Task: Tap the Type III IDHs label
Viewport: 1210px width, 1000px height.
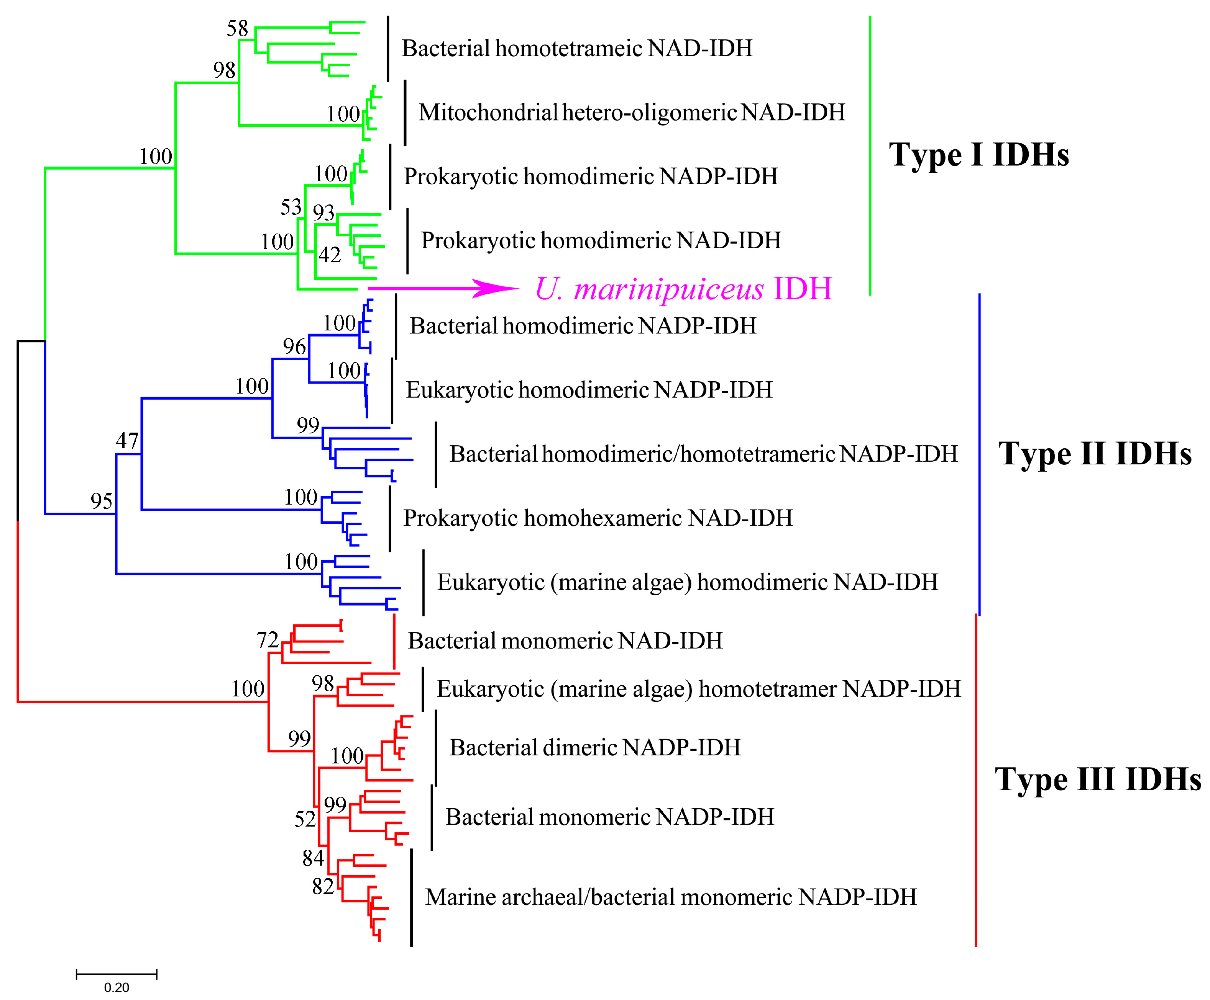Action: [1098, 779]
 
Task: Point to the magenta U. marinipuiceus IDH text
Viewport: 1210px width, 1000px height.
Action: [683, 288]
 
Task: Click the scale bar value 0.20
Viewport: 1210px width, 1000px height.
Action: [117, 987]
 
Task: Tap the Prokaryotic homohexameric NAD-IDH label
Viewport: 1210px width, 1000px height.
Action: [598, 518]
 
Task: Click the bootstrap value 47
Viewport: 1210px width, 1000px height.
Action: [127, 440]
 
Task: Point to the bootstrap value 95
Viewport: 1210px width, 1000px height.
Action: [102, 501]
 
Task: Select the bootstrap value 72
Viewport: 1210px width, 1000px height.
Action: [268, 640]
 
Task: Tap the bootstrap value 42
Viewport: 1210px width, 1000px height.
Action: [330, 255]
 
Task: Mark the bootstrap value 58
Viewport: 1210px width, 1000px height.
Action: [237, 28]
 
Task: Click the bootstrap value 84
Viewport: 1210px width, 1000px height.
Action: [313, 858]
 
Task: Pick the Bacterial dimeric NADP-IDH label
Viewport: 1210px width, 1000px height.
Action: [594, 747]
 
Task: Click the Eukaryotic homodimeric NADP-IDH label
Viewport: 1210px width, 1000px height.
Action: [589, 390]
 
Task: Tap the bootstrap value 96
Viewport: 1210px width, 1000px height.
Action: [294, 346]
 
